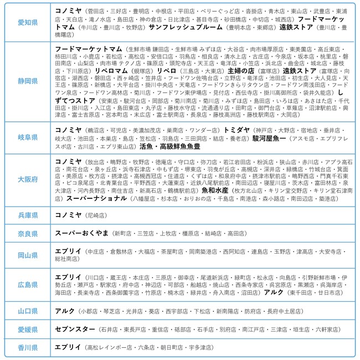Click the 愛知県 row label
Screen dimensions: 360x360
[x=28, y=22]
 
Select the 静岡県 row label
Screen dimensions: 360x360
[x=28, y=81]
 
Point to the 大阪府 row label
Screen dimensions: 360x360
[x=28, y=179]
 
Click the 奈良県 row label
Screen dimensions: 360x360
[x=28, y=234]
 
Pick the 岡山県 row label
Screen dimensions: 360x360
[x=28, y=255]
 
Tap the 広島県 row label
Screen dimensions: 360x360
[x=28, y=285]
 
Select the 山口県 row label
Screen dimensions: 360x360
[x=28, y=312]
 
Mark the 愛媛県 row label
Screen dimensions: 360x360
[x=28, y=330]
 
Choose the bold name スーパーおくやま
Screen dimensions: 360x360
[x=82, y=234]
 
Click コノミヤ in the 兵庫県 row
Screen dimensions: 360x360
[x=69, y=214]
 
